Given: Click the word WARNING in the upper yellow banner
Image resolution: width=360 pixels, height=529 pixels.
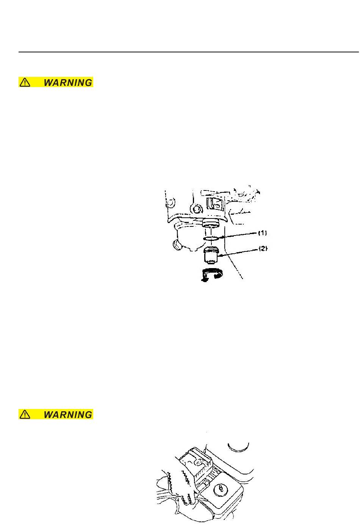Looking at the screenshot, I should tap(68, 83).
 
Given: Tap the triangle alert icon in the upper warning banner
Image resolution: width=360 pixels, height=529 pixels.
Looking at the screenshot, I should tap(25, 83).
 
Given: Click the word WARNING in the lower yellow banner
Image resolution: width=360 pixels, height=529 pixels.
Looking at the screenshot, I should tap(68, 415).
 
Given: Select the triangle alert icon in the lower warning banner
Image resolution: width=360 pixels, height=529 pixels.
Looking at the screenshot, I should tap(25, 415).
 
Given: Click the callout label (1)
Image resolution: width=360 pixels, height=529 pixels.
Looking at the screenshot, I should tap(263, 233).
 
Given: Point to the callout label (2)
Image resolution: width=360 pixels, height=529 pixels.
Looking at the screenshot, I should tap(263, 249).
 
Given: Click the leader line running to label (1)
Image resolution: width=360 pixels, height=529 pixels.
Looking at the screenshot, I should tap(239, 235).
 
